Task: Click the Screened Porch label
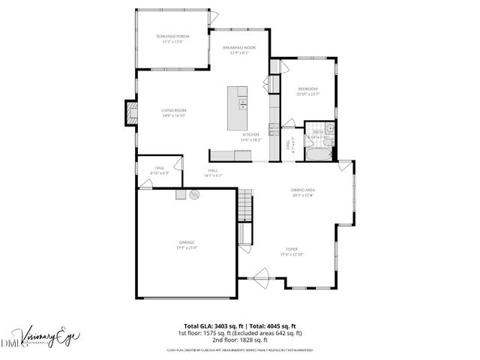[172, 36]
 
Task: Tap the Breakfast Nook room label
[240, 47]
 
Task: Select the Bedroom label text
[307, 88]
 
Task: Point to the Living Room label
[173, 110]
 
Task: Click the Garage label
[187, 241]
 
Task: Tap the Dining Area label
[303, 190]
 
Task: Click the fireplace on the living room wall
[131, 112]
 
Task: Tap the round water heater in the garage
[193, 194]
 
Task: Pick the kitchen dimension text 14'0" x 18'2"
[250, 140]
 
